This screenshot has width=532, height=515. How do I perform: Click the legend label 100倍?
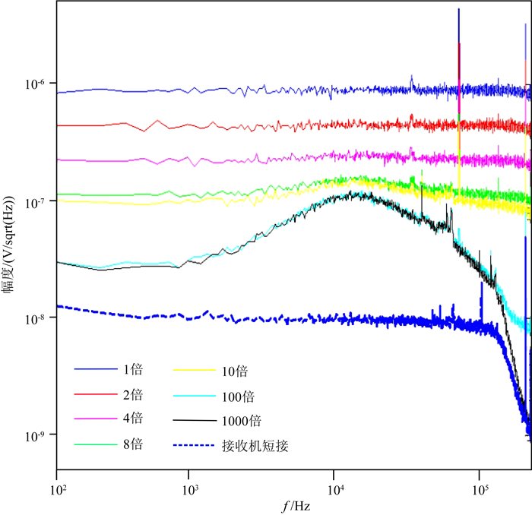[x=239, y=396]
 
